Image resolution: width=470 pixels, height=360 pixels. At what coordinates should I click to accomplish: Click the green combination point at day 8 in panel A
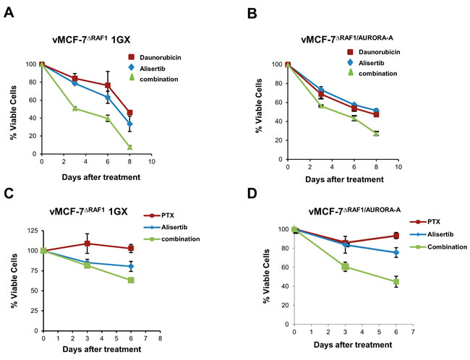(130, 147)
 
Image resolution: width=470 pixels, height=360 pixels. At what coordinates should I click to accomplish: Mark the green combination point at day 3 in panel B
(320, 106)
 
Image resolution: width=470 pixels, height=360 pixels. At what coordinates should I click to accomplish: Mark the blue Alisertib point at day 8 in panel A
(130, 124)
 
